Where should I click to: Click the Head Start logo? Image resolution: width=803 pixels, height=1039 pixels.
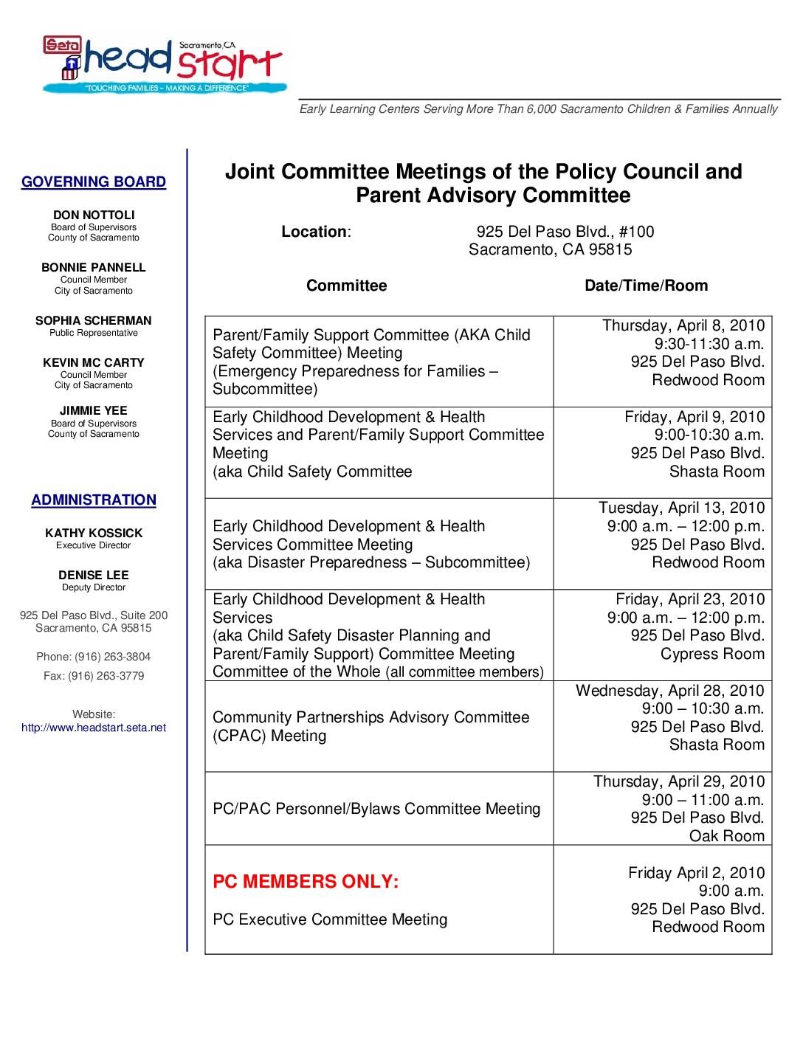(x=163, y=65)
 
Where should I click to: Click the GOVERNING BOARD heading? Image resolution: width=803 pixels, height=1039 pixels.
(x=94, y=182)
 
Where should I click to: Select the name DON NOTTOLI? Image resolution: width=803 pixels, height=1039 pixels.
(x=94, y=215)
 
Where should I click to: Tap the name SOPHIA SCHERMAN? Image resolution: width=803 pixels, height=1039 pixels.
(x=94, y=321)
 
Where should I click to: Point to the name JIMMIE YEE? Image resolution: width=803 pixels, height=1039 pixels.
(x=94, y=411)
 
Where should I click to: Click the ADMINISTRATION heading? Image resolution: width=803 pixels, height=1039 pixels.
(x=94, y=500)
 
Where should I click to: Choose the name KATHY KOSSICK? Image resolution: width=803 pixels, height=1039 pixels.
(x=94, y=534)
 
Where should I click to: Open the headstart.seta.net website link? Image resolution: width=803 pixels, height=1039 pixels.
(x=94, y=728)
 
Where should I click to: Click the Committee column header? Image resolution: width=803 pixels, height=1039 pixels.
(x=346, y=286)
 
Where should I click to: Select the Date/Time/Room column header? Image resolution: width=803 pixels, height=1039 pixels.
(x=646, y=286)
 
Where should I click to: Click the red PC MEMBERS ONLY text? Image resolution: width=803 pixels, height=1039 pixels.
(x=306, y=882)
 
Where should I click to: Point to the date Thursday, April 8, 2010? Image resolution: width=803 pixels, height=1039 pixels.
(x=683, y=325)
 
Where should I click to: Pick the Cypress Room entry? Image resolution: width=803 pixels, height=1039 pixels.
(x=712, y=654)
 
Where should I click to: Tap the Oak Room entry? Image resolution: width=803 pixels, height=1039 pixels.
(x=726, y=836)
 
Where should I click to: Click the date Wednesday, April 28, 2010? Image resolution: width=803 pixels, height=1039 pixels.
(x=670, y=691)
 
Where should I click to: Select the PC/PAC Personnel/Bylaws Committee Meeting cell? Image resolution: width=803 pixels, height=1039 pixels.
(x=376, y=809)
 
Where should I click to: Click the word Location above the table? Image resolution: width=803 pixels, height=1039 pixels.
(x=314, y=232)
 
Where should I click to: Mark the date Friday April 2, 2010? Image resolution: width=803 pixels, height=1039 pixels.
(x=696, y=873)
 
